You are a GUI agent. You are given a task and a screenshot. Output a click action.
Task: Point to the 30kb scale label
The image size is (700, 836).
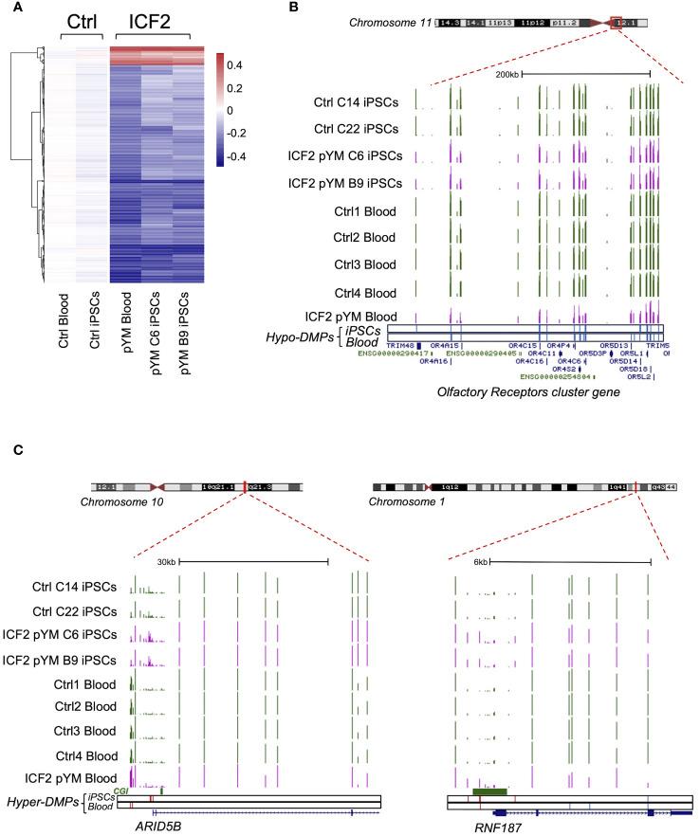[165, 562]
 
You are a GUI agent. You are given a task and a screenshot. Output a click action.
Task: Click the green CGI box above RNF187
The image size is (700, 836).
[489, 790]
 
